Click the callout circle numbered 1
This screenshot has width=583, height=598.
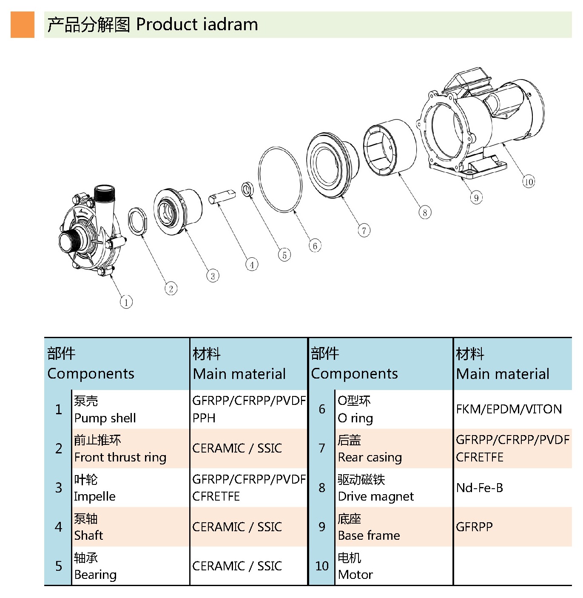126,302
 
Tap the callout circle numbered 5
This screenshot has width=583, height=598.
284,255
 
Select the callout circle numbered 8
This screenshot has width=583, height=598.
425,213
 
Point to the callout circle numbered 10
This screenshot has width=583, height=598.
529,182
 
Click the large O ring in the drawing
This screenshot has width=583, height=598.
280,179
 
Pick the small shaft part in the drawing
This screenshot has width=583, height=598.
222,196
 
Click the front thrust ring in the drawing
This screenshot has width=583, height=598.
138,221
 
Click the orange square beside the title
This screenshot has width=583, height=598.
23,25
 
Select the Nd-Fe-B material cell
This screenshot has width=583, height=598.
480,488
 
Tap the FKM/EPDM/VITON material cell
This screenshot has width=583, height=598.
509,409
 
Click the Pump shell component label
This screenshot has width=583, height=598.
105,418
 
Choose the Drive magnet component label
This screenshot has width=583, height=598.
375,496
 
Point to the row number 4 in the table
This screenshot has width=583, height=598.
59,527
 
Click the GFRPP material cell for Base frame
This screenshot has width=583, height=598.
474,527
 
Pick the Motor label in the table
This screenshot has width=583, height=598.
355,575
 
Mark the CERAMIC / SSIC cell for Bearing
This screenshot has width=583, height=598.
237,566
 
